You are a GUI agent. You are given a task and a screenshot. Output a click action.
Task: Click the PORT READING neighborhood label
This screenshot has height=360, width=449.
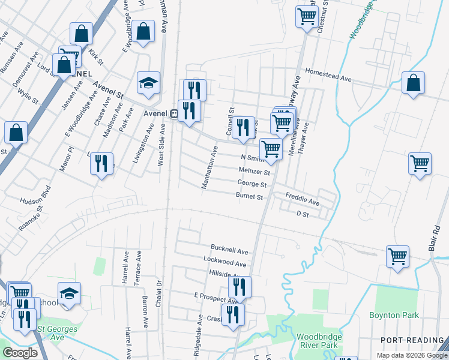(x=411, y=340)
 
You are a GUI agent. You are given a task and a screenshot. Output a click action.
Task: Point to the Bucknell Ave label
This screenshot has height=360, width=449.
(x=229, y=248)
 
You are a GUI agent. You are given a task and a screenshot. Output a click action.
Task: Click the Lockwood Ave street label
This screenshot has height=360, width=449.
(x=225, y=263)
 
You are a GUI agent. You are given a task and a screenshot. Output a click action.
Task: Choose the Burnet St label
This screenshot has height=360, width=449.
(x=249, y=196)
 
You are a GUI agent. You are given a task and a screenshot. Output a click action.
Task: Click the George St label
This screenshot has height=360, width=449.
(x=252, y=184)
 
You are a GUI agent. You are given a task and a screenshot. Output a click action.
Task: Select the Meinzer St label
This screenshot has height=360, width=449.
(x=255, y=172)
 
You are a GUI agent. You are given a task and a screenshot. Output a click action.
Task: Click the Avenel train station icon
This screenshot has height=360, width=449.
(x=173, y=113)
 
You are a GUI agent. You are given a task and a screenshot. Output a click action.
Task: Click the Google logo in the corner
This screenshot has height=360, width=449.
(x=20, y=353)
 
